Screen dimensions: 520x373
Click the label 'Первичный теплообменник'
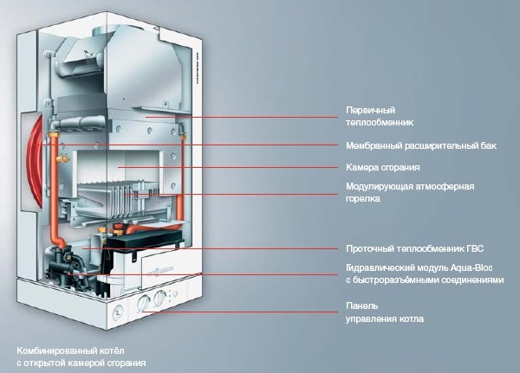point(380,116)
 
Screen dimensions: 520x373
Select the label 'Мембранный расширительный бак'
point(421,145)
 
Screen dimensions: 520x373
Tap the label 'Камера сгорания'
point(383,167)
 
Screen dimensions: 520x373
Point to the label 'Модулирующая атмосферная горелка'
point(410,192)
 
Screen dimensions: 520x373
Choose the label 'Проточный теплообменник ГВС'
point(415,248)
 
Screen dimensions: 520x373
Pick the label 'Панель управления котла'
point(385,312)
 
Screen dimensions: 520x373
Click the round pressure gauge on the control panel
point(117,312)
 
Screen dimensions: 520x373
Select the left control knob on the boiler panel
point(144,303)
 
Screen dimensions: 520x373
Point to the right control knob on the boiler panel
point(160,298)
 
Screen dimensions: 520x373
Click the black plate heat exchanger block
point(144,240)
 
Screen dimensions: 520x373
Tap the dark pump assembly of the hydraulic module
point(65,265)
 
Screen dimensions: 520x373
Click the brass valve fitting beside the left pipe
point(62,159)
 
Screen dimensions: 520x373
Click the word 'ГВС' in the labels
point(475,248)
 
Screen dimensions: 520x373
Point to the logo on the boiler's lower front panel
point(160,270)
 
